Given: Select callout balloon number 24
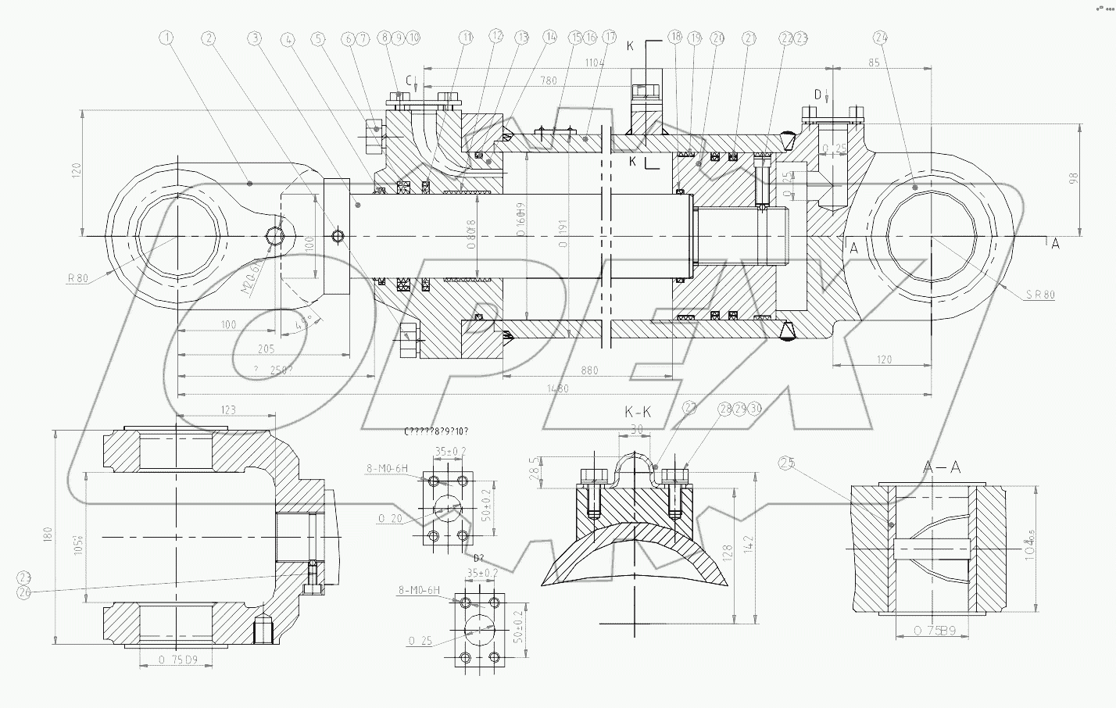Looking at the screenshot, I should [882, 37].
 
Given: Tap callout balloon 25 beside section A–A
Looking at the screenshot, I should [786, 463].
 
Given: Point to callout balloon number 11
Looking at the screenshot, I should [467, 37].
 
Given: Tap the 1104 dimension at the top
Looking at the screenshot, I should [596, 62].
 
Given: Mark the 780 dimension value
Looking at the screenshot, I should [549, 80].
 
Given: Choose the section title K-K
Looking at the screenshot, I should [639, 412].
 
